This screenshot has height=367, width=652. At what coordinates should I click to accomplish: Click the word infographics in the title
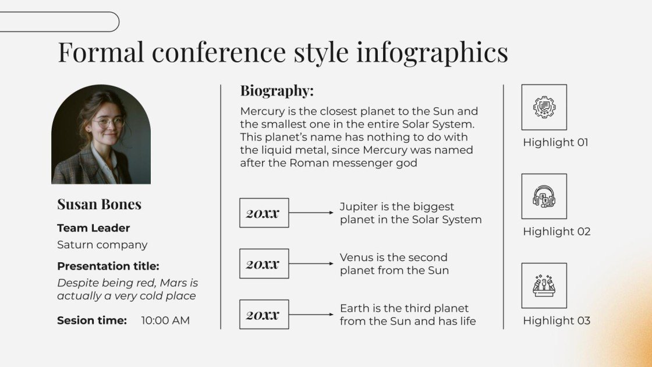pyautogui.click(x=432, y=52)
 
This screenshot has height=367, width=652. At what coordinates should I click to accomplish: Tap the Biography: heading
pyautogui.click(x=277, y=91)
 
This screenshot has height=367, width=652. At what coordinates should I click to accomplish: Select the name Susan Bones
pyautogui.click(x=99, y=204)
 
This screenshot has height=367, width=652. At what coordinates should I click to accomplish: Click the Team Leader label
pyautogui.click(x=93, y=228)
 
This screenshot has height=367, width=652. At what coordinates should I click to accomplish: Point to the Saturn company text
pyautogui.click(x=102, y=245)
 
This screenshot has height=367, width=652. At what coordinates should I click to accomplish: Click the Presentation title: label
pyautogui.click(x=108, y=266)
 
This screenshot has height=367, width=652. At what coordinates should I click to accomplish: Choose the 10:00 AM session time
pyautogui.click(x=165, y=320)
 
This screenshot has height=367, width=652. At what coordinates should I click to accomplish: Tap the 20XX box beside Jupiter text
pyautogui.click(x=264, y=213)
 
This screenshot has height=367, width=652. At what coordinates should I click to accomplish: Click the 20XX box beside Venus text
pyautogui.click(x=264, y=263)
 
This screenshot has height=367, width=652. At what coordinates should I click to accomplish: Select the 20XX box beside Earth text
pyautogui.click(x=264, y=315)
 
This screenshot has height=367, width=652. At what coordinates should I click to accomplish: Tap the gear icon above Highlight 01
pyautogui.click(x=544, y=107)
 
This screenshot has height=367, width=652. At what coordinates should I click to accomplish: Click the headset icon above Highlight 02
pyautogui.click(x=544, y=196)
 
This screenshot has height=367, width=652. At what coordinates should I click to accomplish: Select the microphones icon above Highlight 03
pyautogui.click(x=544, y=285)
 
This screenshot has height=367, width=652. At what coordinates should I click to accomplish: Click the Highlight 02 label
pyautogui.click(x=557, y=231)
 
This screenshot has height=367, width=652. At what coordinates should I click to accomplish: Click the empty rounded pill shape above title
pyautogui.click(x=58, y=22)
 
